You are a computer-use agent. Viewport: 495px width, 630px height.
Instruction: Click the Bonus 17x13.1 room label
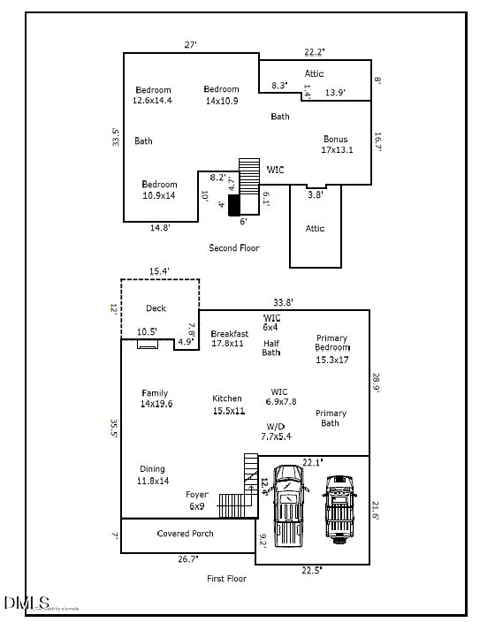click(337, 145)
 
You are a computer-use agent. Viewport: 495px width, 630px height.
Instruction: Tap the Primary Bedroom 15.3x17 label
click(332, 349)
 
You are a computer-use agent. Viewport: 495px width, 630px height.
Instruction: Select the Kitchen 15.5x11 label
click(227, 405)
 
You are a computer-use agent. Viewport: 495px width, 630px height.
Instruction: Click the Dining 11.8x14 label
click(152, 475)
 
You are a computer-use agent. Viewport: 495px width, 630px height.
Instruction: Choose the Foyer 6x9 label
click(196, 500)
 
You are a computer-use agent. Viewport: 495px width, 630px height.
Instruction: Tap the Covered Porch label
click(185, 534)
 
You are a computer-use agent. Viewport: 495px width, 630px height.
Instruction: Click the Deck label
click(156, 308)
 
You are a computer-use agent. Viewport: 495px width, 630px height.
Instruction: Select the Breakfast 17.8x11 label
click(230, 338)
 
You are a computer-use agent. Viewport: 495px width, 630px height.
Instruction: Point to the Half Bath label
click(271, 348)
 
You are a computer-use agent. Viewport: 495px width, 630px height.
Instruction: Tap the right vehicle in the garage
click(339, 508)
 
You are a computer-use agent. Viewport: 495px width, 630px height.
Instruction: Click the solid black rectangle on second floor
click(234, 205)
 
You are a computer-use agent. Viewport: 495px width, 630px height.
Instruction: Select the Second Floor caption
click(234, 248)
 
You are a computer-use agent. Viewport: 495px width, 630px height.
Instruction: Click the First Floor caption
click(227, 579)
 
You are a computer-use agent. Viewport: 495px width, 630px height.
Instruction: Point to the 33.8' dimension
click(284, 301)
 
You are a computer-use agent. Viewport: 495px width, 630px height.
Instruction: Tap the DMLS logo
click(27, 603)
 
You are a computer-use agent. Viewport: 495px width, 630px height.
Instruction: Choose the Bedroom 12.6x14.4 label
click(153, 95)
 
